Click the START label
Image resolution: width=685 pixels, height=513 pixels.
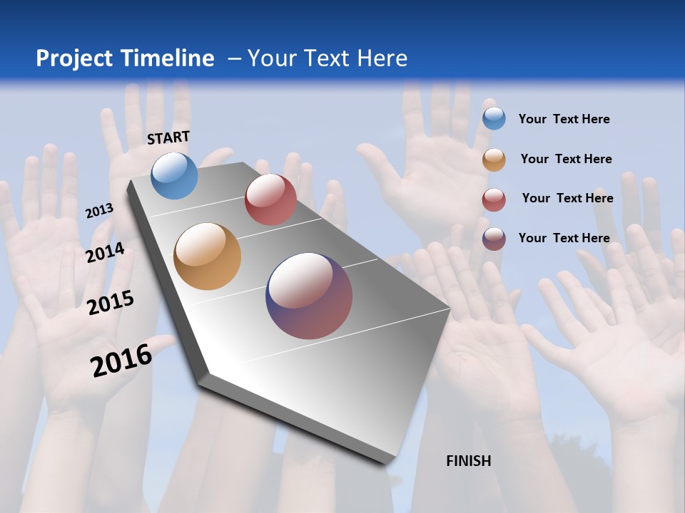coord(168,138)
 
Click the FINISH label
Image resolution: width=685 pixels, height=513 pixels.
coord(469,461)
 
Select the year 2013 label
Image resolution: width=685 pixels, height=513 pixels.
coord(99,211)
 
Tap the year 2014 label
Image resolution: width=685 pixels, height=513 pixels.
coord(106,253)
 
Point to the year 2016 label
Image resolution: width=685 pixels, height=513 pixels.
coord(121,361)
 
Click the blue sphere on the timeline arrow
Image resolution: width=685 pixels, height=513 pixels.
coord(175,175)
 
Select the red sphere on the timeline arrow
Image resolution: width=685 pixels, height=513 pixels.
coord(270,199)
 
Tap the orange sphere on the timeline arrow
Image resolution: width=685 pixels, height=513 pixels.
coord(208,256)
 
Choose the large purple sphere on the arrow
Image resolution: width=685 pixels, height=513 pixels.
coord(309,296)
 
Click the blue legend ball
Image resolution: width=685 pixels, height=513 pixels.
coord(494,118)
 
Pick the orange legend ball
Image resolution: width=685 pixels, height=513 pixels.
coord(494,160)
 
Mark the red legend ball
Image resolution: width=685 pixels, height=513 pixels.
coord(494,199)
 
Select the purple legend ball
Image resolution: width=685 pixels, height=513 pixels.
coord(494,239)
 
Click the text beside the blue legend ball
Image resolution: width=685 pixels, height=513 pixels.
coord(564,119)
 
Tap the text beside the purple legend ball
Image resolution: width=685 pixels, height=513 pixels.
coord(564,238)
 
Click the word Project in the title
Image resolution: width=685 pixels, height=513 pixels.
coord(75,58)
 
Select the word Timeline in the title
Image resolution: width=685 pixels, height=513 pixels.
coord(168,58)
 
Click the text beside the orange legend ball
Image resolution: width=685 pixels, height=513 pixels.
coord(566,159)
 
